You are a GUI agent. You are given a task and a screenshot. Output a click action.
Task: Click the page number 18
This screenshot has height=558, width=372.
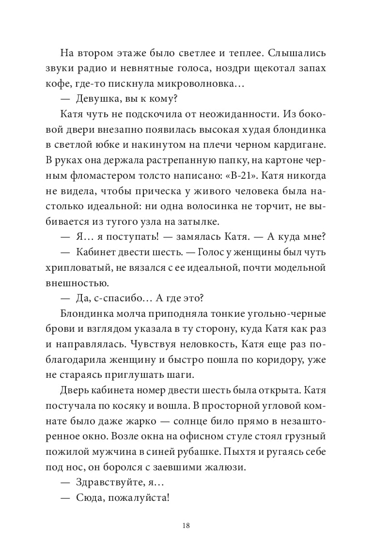186,526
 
